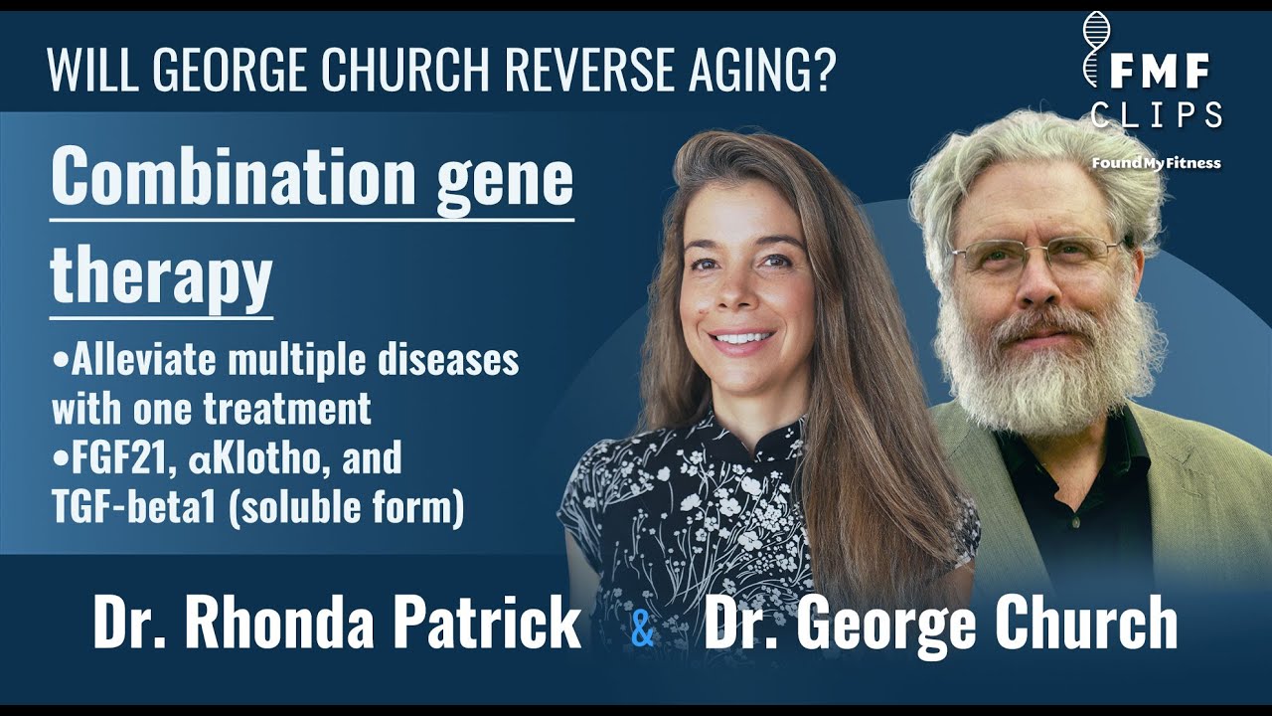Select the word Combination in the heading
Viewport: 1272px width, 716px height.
(x=233, y=178)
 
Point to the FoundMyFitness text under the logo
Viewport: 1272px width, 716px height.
(x=1156, y=163)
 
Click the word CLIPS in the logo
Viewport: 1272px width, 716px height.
(x=1156, y=116)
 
